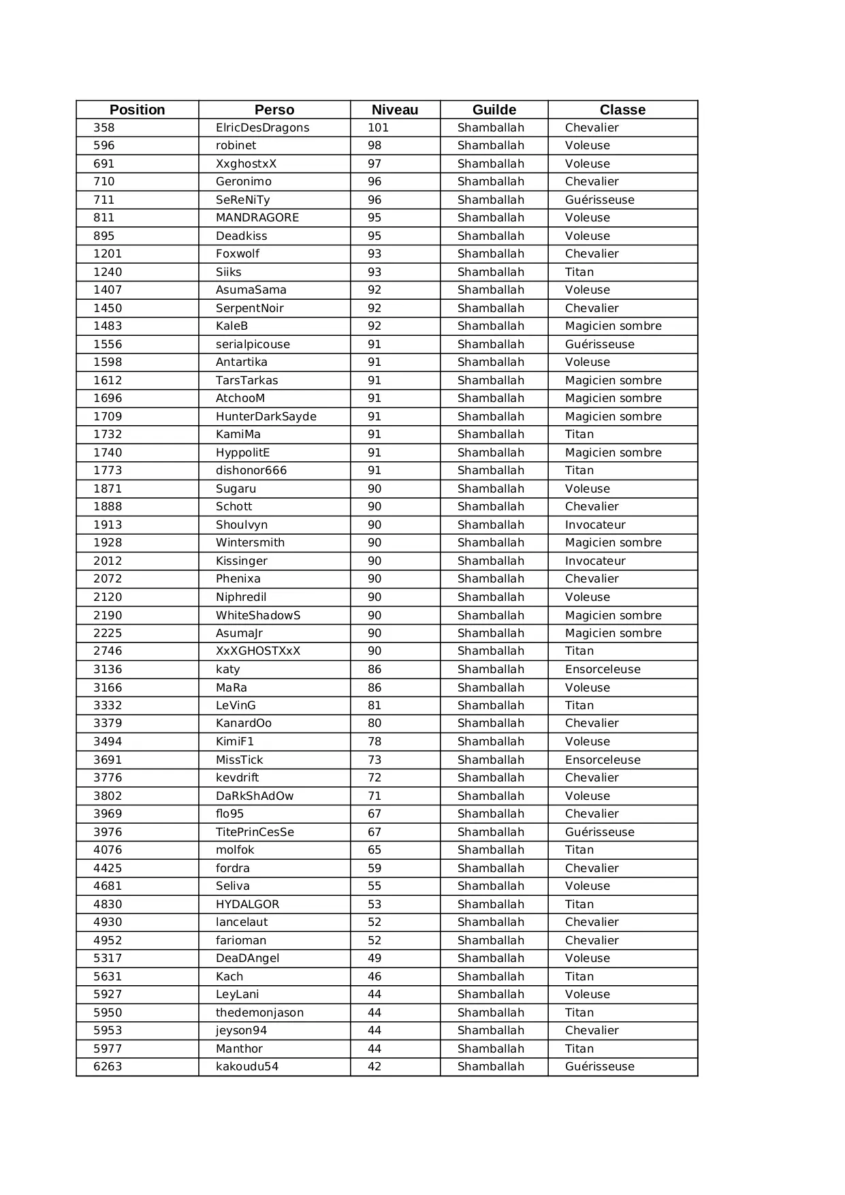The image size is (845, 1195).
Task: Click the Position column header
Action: (137, 110)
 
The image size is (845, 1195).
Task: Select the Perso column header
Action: (274, 110)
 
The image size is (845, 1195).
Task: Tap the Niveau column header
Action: (395, 110)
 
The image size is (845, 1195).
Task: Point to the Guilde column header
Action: (494, 110)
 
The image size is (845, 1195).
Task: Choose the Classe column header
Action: (622, 110)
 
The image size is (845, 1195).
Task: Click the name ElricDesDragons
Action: (262, 128)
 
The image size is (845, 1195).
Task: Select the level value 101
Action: (378, 128)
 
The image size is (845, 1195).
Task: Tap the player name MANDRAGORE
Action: (257, 218)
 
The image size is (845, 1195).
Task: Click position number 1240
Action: (108, 273)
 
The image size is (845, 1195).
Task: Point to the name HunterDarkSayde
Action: (266, 417)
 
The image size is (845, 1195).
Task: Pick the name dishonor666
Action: (251, 471)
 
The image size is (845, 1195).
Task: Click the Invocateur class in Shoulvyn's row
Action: (595, 525)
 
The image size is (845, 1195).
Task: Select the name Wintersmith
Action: (250, 543)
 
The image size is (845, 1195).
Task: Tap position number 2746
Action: (108, 651)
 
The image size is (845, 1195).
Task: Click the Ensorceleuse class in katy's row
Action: (603, 670)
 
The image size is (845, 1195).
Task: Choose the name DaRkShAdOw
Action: (255, 796)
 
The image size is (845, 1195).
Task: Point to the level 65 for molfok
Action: (374, 850)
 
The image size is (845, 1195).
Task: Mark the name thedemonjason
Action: (259, 1013)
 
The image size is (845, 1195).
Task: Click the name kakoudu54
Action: (247, 1067)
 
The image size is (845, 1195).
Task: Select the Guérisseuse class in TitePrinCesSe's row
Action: (599, 833)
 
